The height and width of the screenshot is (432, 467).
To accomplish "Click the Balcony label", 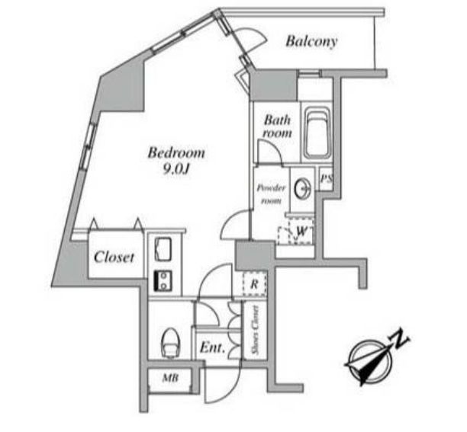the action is click(x=311, y=41).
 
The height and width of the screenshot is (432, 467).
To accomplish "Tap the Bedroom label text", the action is click(x=176, y=153).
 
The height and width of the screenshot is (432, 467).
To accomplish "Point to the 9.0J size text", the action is click(x=176, y=169).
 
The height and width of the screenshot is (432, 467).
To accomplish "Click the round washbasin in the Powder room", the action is click(x=303, y=189).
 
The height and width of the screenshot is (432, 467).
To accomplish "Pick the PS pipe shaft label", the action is click(x=326, y=179).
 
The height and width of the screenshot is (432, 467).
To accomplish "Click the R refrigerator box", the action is click(x=254, y=284).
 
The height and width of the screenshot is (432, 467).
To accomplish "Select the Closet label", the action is click(x=114, y=258).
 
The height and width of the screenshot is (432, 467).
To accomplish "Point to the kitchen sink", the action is click(x=163, y=249).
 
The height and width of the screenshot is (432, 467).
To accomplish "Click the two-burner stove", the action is click(x=163, y=281).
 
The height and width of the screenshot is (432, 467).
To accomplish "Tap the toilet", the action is click(x=170, y=342).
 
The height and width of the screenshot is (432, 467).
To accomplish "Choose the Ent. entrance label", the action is click(x=212, y=347).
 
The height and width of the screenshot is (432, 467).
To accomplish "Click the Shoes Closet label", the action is click(x=255, y=330).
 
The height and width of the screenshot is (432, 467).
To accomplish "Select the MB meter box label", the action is click(x=170, y=378).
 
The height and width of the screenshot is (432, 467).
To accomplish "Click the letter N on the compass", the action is click(x=399, y=338).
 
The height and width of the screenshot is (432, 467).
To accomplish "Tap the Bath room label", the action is click(x=277, y=126).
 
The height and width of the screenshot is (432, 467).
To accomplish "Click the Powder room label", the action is click(x=271, y=194).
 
